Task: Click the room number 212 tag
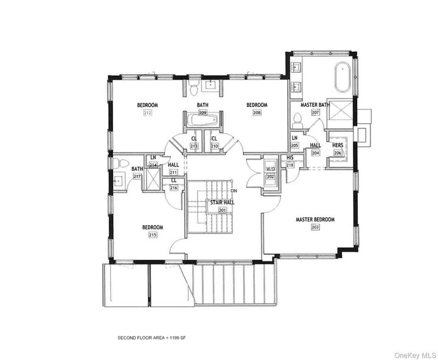pyautogui.click(x=147, y=113)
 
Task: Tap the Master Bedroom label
pyautogui.click(x=315, y=220)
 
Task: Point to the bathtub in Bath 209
pyautogui.click(x=202, y=120)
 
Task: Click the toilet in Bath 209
pyautogui.click(x=193, y=91)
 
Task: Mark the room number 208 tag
pyautogui.click(x=257, y=113)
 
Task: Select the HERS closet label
pyautogui.click(x=338, y=145)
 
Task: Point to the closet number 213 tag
pyautogui.click(x=194, y=146)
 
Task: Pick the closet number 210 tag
pyautogui.click(x=214, y=146)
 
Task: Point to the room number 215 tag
pyautogui.click(x=153, y=235)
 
